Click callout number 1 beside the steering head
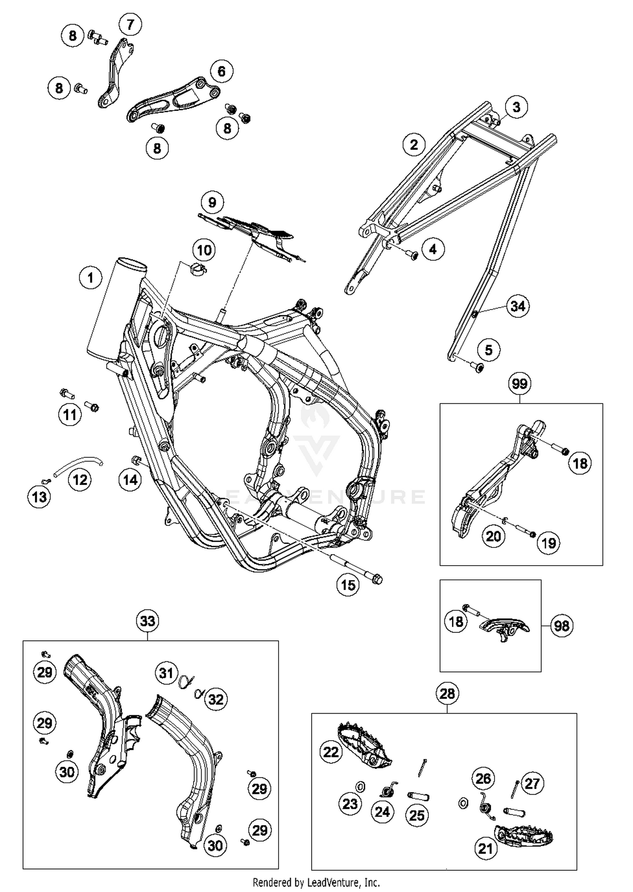coord(90,278)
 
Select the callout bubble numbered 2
coord(414,145)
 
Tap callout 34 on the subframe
coord(518,306)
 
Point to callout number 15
coord(348,585)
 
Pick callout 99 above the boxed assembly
coord(519,384)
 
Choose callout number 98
coord(562,625)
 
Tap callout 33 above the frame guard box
coord(148,621)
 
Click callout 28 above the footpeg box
coord(447,693)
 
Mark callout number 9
coord(212,202)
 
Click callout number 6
coord(222,71)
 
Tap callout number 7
coord(130,24)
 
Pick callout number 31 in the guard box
coord(166,672)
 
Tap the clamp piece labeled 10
coord(197,269)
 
